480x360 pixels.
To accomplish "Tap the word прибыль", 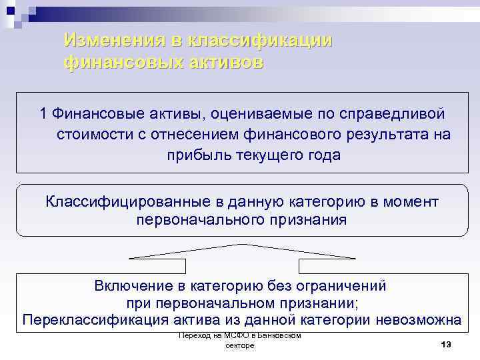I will (196, 155).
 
